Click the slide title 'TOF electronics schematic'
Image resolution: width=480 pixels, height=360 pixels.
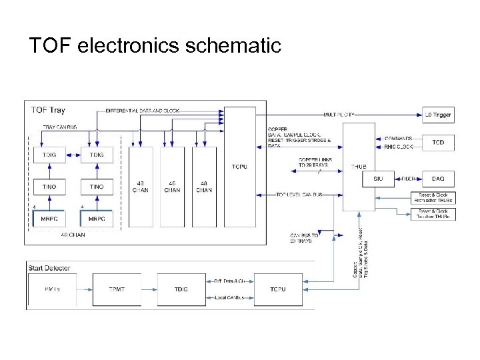(x=155, y=45)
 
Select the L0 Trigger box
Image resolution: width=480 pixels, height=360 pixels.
(x=437, y=115)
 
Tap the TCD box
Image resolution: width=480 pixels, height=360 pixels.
(x=437, y=143)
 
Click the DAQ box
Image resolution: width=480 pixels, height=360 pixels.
(x=437, y=179)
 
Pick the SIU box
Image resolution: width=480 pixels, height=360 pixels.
(x=378, y=179)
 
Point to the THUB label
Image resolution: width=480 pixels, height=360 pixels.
(x=359, y=167)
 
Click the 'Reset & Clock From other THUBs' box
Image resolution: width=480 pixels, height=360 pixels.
(x=433, y=197)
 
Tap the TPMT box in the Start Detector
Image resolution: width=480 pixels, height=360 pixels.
(x=117, y=289)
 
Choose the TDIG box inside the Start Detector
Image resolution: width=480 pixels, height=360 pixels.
(x=181, y=289)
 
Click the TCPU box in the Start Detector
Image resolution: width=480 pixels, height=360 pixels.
(x=278, y=289)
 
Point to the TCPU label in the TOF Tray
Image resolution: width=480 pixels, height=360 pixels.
(x=239, y=167)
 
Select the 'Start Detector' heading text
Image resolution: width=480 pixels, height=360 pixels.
(x=49, y=268)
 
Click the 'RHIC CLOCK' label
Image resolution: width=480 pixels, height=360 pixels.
(x=398, y=147)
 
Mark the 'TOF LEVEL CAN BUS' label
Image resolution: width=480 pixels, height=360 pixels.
(x=299, y=195)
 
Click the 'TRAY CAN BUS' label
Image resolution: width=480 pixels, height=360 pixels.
(x=60, y=127)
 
